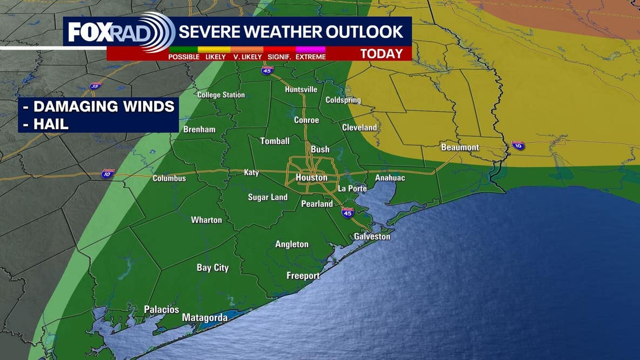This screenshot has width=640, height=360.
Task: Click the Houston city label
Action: pyautogui.click(x=311, y=177)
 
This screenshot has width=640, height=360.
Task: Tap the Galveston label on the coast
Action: pyautogui.click(x=372, y=236)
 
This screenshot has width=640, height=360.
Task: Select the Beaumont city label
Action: pyautogui.click(x=460, y=147)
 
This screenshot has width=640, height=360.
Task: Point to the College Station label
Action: pyautogui.click(x=221, y=95)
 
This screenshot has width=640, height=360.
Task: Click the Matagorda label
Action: pyautogui.click(x=204, y=318)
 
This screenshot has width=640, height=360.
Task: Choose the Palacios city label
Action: pyautogui.click(x=161, y=309)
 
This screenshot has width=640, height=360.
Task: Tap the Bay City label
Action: pyautogui.click(x=212, y=268)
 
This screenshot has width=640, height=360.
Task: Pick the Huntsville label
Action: pyautogui.click(x=301, y=89)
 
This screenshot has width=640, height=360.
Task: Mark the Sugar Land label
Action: pyautogui.click(x=268, y=197)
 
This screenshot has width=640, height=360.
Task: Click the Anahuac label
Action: pyautogui.click(x=390, y=178)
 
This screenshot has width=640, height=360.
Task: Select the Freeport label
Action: pyautogui.click(x=303, y=276)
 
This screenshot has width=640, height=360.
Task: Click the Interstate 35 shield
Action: pyautogui.click(x=96, y=85)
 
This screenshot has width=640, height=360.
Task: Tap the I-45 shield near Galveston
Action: pyautogui.click(x=348, y=212)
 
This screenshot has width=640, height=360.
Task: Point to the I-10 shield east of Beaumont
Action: pyautogui.click(x=518, y=145)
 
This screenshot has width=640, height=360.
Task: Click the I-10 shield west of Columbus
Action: pyautogui.click(x=108, y=174)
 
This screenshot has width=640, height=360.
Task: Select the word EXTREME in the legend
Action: pyautogui.click(x=310, y=57)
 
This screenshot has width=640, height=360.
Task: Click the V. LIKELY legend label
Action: pyautogui.click(x=248, y=57)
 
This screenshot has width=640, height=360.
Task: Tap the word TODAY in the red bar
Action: pyautogui.click(x=382, y=54)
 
